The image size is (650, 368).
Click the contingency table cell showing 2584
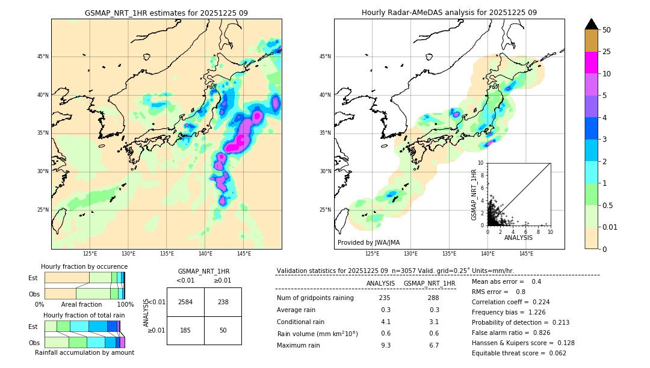tap(185, 302)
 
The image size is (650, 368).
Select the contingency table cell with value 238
tap(223, 302)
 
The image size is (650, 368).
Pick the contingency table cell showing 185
tap(185, 330)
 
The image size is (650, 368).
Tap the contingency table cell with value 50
tap(223, 330)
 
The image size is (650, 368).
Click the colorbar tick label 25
tap(607, 52)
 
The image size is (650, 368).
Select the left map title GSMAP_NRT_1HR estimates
tap(166, 13)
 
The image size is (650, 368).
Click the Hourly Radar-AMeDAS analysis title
tap(449, 13)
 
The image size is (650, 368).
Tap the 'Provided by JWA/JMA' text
tap(368, 243)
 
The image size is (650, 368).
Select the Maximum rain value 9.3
tap(385, 345)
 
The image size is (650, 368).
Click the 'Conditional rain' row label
tap(301, 322)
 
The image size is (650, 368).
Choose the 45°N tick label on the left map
tap(43, 57)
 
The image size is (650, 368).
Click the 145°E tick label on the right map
tap(526, 254)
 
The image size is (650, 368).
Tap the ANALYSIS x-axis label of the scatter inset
tap(518, 238)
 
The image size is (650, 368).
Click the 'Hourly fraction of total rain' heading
tap(84, 315)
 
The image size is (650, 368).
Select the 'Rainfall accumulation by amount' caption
tap(84, 352)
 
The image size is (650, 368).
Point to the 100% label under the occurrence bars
tap(125, 305)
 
